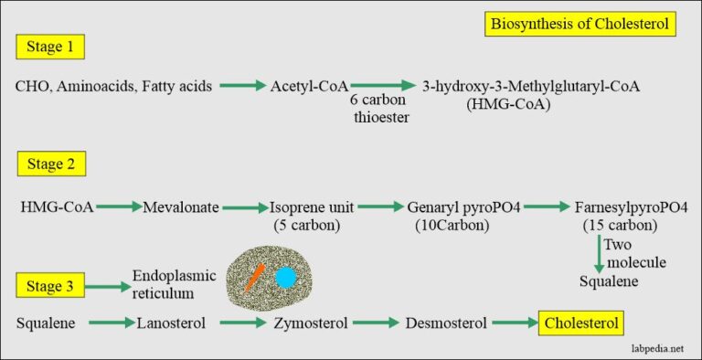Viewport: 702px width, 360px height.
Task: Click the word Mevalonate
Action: click(181, 206)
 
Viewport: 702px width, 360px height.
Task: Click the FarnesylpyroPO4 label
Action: click(631, 206)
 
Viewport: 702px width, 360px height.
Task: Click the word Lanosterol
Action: click(175, 323)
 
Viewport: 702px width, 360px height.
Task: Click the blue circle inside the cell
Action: click(285, 277)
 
